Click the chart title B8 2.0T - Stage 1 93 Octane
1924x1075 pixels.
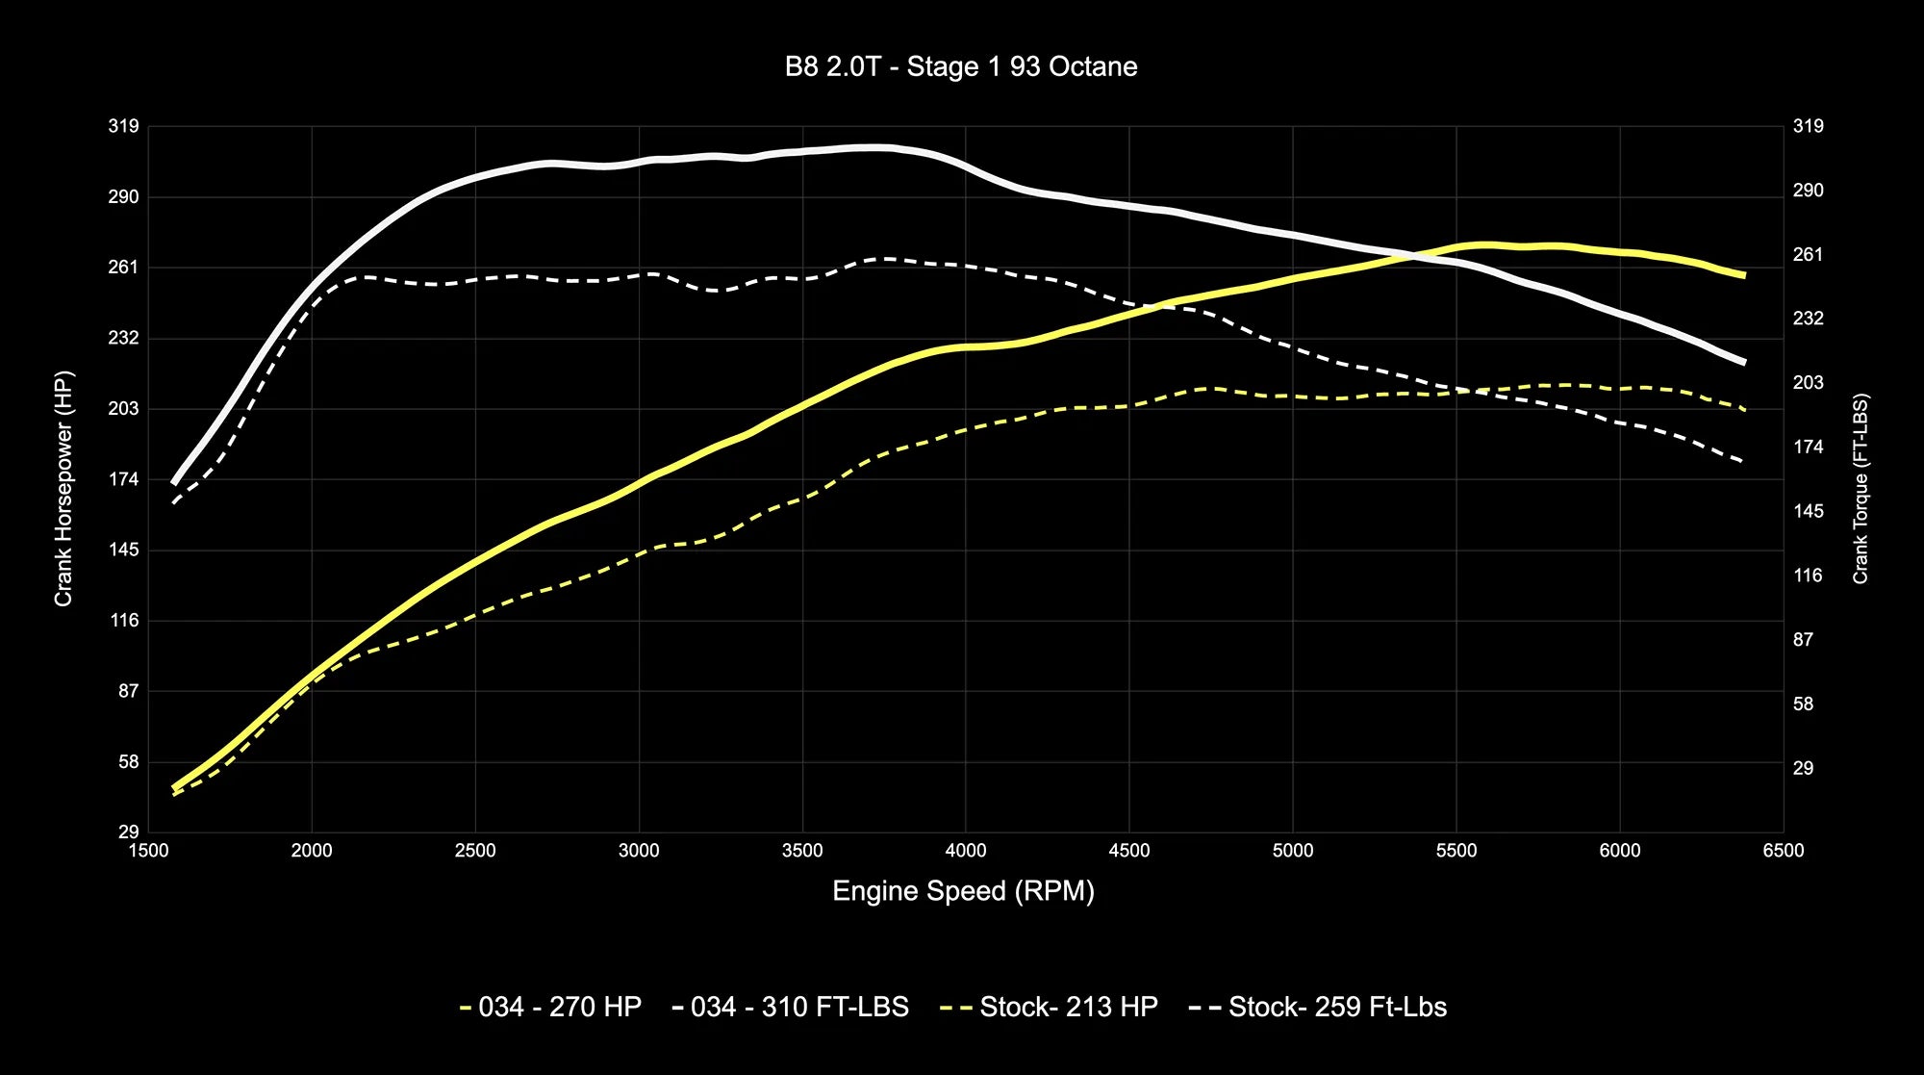[x=961, y=67]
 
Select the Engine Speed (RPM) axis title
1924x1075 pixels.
[x=963, y=891]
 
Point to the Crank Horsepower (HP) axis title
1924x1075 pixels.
[x=63, y=489]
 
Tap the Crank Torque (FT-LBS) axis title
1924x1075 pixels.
[x=1861, y=489]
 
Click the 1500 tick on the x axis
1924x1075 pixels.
[x=148, y=851]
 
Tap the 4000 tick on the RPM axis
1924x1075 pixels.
[x=966, y=851]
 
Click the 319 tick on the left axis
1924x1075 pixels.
[x=124, y=126]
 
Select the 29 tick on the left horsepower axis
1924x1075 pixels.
[x=128, y=832]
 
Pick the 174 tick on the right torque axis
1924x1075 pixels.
[x=1808, y=447]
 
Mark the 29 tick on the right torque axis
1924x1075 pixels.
[x=1803, y=768]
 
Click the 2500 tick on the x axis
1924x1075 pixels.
[x=475, y=851]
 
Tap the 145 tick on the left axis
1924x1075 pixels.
[x=124, y=550]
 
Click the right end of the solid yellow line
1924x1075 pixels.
[x=1744, y=276]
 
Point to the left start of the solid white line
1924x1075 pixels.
[x=174, y=482]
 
